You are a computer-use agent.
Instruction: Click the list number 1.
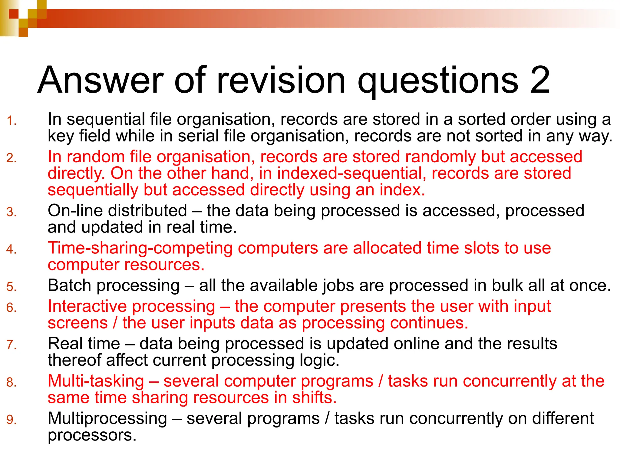[x=11, y=121]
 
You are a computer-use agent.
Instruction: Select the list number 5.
[x=11, y=287]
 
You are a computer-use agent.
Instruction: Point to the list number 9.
[x=11, y=420]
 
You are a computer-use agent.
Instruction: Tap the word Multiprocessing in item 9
[x=107, y=418]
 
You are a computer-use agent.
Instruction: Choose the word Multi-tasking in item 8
[x=96, y=381]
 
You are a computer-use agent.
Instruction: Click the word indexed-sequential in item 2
[x=351, y=173]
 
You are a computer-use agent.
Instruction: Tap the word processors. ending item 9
[x=92, y=435]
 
